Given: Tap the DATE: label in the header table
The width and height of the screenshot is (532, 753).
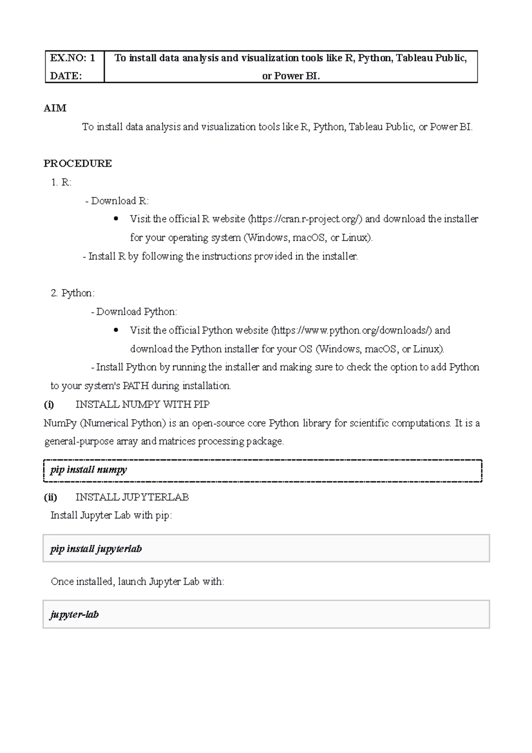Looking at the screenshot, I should [x=66, y=76].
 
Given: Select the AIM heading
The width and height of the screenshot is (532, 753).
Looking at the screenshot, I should [x=55, y=108].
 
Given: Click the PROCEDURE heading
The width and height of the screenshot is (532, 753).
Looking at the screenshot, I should [x=78, y=164].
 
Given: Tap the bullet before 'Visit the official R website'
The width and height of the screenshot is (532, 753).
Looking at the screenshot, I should [x=116, y=219].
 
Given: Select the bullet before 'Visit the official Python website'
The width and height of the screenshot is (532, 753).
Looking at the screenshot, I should [x=116, y=330].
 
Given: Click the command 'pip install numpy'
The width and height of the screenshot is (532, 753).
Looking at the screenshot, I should [x=89, y=470].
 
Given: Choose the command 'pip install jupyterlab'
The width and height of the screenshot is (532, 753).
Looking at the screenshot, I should [x=96, y=549].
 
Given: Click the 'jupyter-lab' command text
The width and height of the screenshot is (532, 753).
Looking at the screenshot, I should [x=74, y=615].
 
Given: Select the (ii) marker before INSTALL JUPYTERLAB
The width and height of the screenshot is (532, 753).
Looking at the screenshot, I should [x=50, y=497].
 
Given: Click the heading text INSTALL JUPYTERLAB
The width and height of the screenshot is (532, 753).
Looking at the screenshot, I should [x=132, y=497].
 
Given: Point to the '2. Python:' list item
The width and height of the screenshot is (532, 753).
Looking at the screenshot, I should [x=73, y=293].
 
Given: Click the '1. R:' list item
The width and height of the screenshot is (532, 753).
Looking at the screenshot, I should [x=61, y=182].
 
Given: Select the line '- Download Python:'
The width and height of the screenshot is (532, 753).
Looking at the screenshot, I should [x=134, y=312].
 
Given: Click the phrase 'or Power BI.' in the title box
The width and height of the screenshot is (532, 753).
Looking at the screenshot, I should [x=291, y=76].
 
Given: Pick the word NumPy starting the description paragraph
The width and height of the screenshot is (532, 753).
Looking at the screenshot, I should [x=60, y=423].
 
